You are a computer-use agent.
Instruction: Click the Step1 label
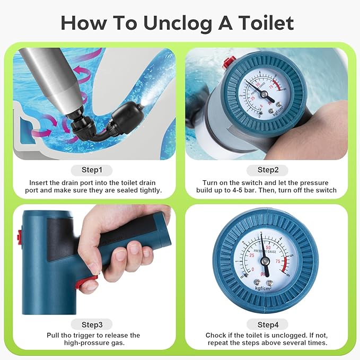[x=92, y=170]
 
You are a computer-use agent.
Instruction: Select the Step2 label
[x=267, y=170]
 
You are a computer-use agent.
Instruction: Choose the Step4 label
[x=267, y=324]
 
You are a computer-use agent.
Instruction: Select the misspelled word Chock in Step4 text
[x=216, y=335]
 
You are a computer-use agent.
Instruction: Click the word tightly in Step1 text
[x=149, y=190]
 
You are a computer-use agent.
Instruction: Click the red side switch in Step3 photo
[x=19, y=236]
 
